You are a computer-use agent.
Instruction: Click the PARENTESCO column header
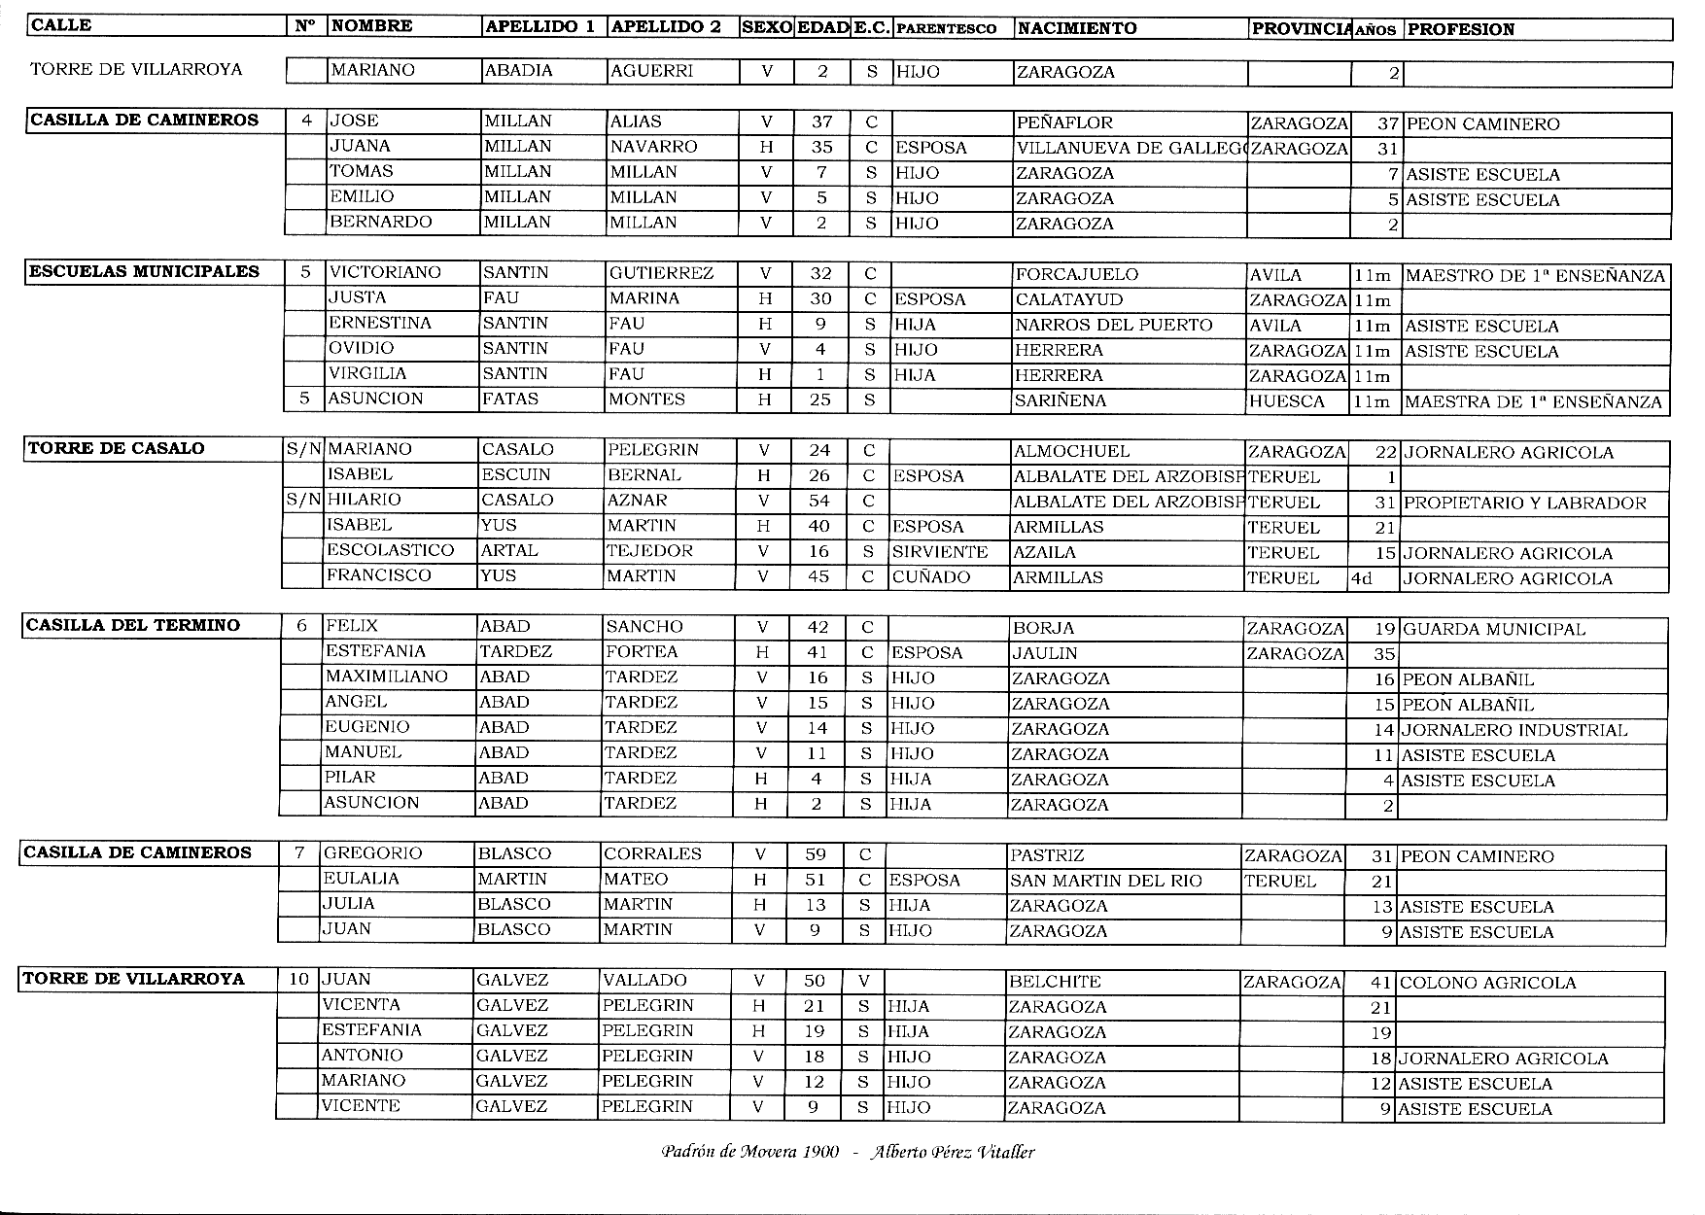coord(946,28)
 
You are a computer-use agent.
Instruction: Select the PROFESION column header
coord(1460,29)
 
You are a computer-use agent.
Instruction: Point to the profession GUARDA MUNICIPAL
coord(1493,630)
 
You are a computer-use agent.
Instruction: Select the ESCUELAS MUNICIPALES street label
coord(144,271)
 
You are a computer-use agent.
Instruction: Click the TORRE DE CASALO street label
coord(116,448)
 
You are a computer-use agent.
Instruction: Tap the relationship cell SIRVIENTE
coord(939,552)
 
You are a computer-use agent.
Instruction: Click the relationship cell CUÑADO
coord(930,577)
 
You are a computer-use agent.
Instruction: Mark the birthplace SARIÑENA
coord(1060,400)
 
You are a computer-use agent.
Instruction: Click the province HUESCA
coord(1287,400)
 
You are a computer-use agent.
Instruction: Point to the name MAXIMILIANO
coord(386,677)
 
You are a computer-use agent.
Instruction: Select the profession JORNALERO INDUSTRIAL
coord(1514,730)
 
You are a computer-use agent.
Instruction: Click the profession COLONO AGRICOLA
coord(1486,983)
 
